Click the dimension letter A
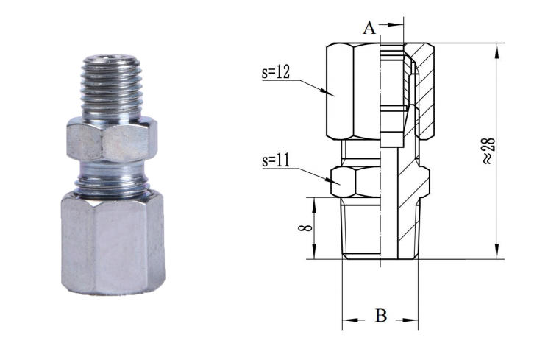369,28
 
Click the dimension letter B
381,317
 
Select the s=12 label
276,72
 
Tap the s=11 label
275,160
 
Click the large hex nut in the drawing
352,92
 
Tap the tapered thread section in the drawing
360,228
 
